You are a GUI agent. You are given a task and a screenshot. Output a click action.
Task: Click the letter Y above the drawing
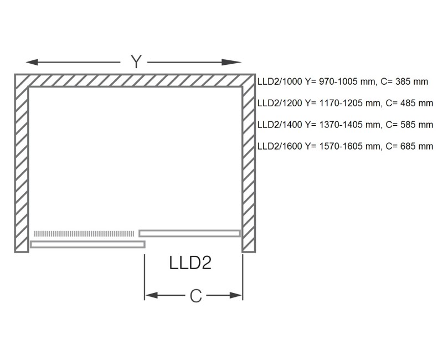click(136, 61)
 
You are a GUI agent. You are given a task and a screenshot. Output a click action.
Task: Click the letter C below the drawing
click(195, 296)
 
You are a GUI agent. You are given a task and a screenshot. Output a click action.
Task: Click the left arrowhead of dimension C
click(149, 296)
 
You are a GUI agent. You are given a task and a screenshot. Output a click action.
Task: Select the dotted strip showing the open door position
click(84, 233)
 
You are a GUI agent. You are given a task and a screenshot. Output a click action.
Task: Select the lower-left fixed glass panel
click(87, 244)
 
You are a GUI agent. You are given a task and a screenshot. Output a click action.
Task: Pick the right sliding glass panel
click(189, 233)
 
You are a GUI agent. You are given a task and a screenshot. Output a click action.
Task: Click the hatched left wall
click(21, 166)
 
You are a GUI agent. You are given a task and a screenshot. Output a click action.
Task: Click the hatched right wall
click(249, 166)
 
